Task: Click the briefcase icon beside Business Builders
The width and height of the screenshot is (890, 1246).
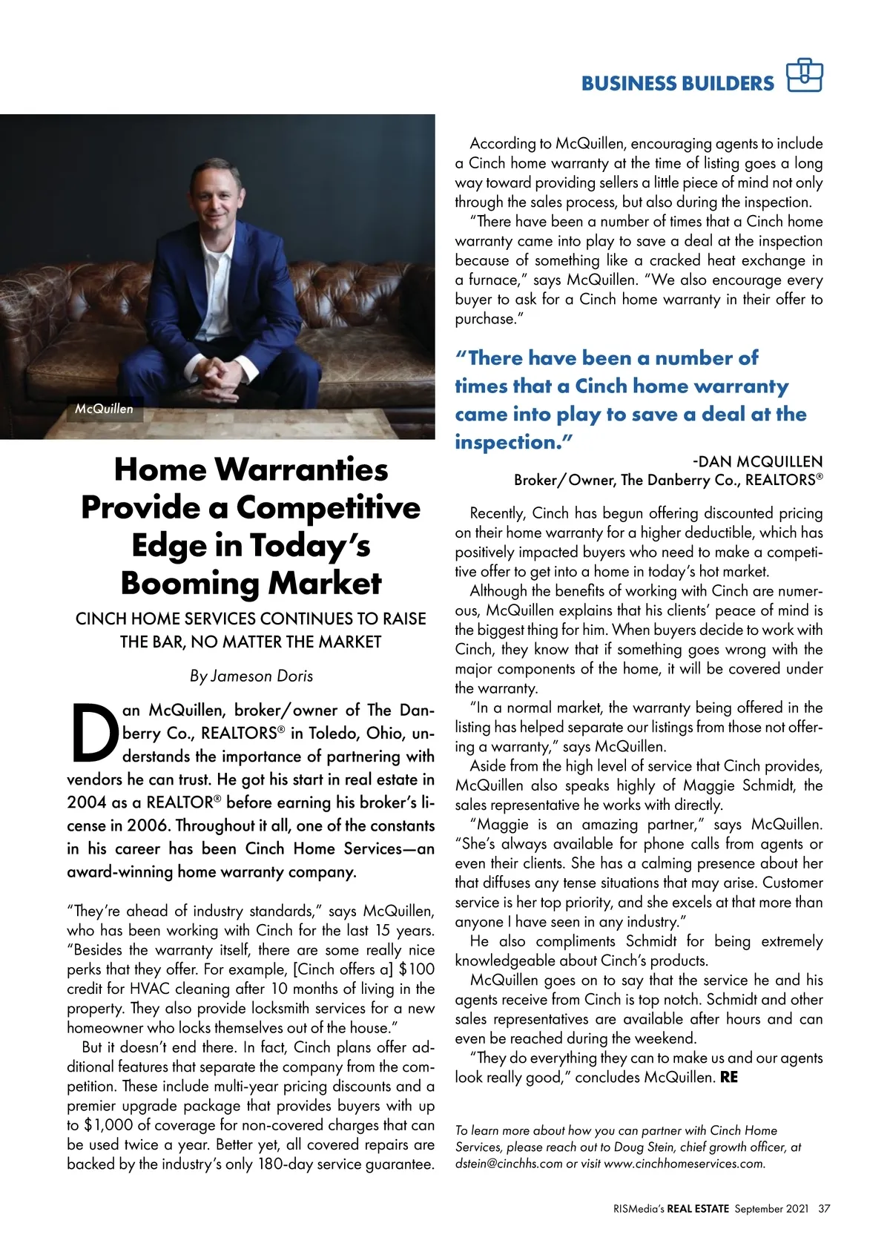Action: (805, 75)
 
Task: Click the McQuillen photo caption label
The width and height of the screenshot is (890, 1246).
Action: (104, 409)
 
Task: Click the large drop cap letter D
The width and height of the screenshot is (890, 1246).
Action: (93, 734)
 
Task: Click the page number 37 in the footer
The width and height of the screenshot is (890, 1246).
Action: (824, 1208)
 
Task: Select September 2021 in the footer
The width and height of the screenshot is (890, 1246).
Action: (771, 1208)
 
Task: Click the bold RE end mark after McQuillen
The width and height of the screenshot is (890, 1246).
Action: (729, 1077)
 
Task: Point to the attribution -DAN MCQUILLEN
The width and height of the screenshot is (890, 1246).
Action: (757, 462)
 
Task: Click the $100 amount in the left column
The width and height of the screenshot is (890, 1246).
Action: (417, 969)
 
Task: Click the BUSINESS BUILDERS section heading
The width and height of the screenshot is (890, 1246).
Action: (677, 83)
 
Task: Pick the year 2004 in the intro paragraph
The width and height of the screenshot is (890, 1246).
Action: (87, 802)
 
